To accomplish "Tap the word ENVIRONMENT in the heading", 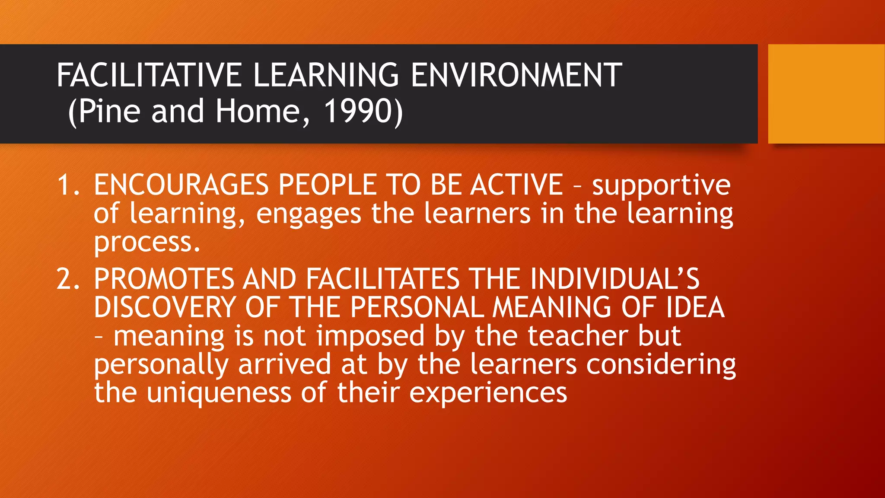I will (x=516, y=75).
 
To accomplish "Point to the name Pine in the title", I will (x=109, y=111).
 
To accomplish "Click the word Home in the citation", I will (x=258, y=111).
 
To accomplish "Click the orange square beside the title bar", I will (x=826, y=94).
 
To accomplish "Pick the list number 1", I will (x=67, y=185).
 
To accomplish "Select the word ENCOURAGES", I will (x=181, y=185).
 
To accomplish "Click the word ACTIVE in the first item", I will (x=517, y=185).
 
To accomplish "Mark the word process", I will (x=147, y=243).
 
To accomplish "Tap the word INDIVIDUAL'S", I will (x=614, y=279).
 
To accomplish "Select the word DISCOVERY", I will (x=165, y=307).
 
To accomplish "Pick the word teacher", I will (x=552, y=336).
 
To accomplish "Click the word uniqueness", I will (x=219, y=393).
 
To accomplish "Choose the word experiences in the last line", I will (x=488, y=393).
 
